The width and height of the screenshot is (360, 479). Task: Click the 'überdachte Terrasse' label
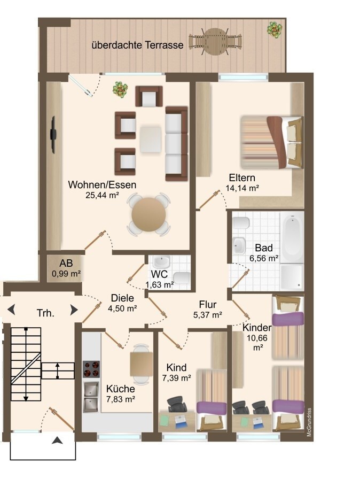(137, 45)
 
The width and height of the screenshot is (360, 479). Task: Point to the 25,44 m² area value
(102, 196)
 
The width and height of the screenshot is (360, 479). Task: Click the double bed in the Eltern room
(271, 142)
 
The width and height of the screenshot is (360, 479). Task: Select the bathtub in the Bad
(292, 237)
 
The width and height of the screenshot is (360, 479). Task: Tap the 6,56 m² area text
(264, 258)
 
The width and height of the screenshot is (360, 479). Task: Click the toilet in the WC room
(183, 277)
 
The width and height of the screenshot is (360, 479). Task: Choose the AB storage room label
(66, 263)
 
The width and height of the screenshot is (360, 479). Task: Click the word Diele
(122, 298)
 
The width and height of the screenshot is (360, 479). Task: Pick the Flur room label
(207, 304)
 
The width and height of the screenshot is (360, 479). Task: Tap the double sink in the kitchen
(91, 396)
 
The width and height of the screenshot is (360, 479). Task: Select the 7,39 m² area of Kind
(177, 378)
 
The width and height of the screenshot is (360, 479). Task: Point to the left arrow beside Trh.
(11, 310)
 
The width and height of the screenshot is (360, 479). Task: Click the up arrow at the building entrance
(57, 440)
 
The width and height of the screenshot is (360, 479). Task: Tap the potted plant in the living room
(120, 89)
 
